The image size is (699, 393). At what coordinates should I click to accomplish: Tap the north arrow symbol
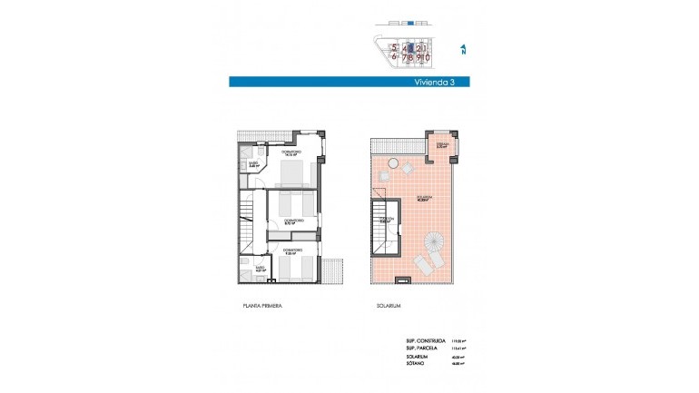click(462, 51)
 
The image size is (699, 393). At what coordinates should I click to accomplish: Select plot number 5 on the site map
click(394, 47)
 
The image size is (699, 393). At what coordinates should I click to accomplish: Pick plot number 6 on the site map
click(394, 57)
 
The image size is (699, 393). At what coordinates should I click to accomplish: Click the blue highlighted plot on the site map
click(410, 47)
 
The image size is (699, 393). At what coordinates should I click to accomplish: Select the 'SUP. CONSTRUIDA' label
click(424, 341)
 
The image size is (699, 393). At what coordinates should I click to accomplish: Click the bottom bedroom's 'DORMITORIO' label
click(292, 249)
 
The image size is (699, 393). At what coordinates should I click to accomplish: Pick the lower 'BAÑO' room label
click(259, 268)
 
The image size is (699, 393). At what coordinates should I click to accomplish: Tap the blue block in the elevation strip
click(409, 22)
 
